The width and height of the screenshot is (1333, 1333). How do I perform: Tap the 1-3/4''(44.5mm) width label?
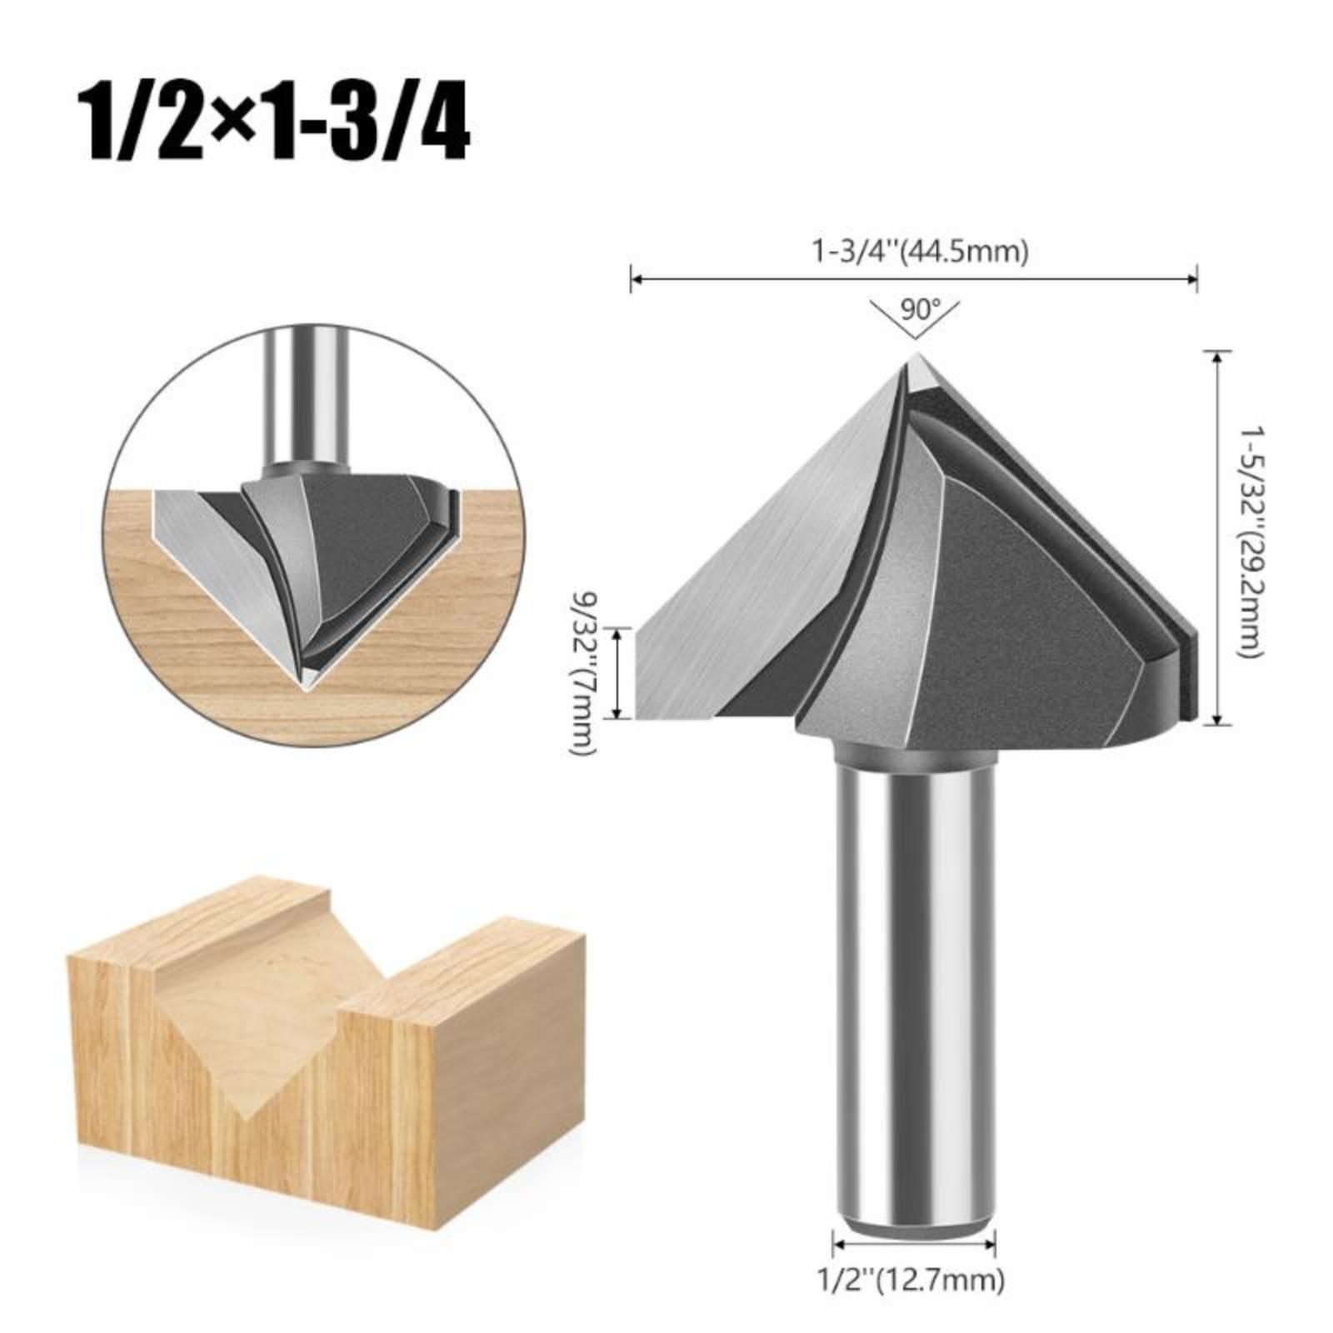click(915, 251)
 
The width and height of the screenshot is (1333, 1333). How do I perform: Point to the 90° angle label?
click(915, 310)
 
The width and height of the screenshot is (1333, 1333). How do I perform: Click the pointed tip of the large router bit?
click(916, 356)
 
